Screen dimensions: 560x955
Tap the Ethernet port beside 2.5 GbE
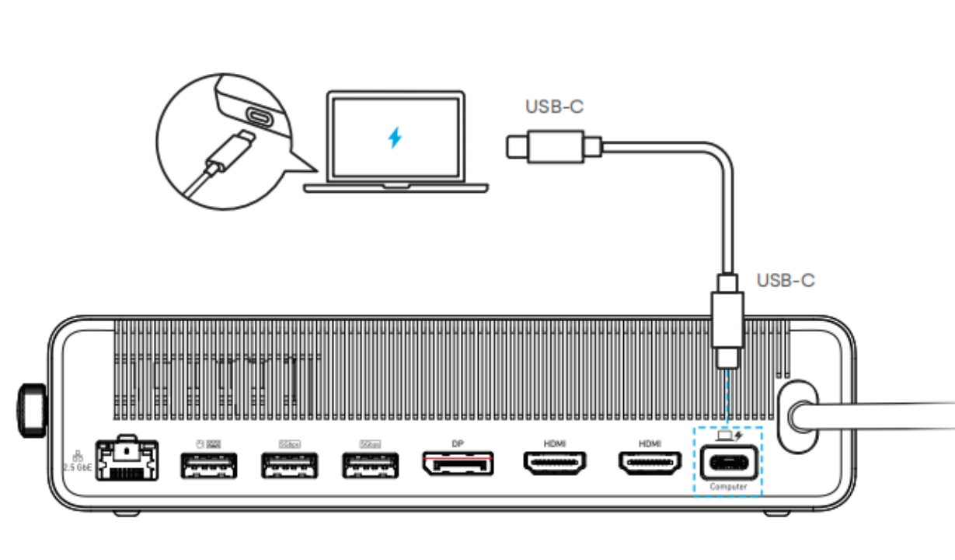tap(126, 460)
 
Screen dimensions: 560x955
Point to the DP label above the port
tap(458, 443)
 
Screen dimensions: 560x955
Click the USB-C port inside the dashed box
tap(728, 464)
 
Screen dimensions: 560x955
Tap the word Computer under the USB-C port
tap(728, 487)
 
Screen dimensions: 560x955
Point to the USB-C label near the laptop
tap(554, 107)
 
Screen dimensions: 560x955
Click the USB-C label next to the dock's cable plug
tap(786, 280)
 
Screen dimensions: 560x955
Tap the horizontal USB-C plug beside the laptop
tap(554, 145)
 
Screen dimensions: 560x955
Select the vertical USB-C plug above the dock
tap(728, 319)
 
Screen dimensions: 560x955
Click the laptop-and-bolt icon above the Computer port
tap(728, 436)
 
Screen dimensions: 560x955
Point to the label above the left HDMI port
tap(555, 443)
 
